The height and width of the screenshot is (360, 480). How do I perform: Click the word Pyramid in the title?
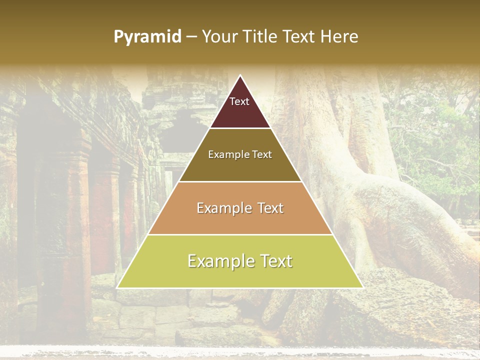pyautogui.click(x=147, y=37)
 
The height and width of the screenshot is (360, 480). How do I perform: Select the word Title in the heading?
pyautogui.click(x=260, y=36)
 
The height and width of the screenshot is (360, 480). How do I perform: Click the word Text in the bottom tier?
pyautogui.click(x=276, y=261)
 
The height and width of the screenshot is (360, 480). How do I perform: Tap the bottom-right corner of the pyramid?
pyautogui.click(x=362, y=287)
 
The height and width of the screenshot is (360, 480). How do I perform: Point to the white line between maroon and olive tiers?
pyautogui.click(x=240, y=128)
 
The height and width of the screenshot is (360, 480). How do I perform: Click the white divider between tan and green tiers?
pyautogui.click(x=240, y=234)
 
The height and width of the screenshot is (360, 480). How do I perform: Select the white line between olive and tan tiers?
pyautogui.click(x=240, y=181)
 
